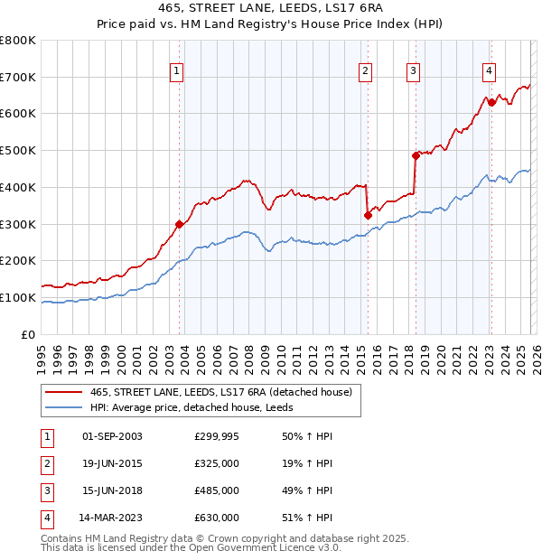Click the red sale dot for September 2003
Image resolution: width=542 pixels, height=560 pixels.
coord(179,224)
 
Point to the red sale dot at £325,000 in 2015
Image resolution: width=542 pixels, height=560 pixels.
coord(368,215)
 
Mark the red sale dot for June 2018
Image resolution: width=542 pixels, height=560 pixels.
coord(416,155)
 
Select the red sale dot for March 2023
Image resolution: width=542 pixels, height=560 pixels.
coord(491,102)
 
